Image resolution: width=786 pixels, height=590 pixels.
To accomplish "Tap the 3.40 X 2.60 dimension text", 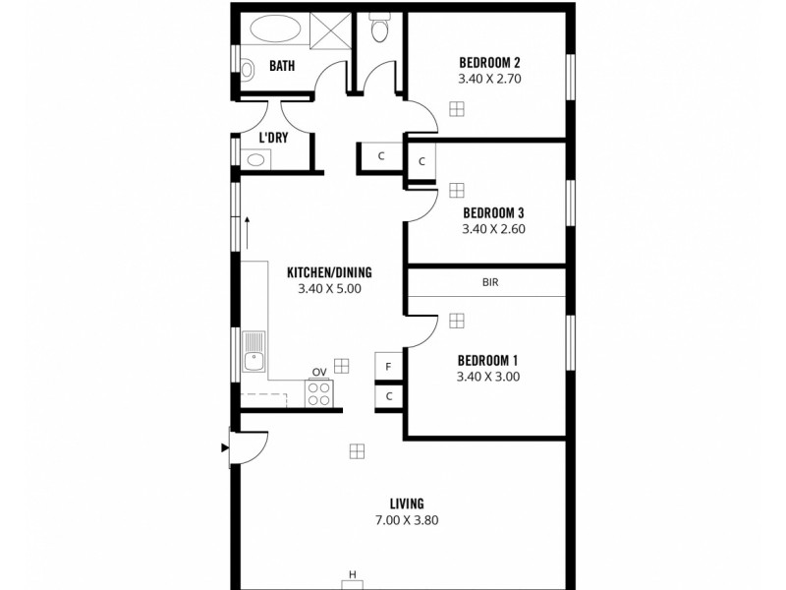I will click(492, 229).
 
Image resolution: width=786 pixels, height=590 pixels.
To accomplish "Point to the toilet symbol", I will click(377, 30).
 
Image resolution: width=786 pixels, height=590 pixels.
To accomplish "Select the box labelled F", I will click(389, 366).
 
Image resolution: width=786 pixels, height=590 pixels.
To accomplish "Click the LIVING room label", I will click(405, 503).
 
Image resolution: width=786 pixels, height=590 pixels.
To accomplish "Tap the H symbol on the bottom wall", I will click(352, 575).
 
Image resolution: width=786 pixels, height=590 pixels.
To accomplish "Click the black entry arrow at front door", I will click(225, 448).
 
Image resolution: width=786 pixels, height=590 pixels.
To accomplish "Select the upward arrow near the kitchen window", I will click(247, 232).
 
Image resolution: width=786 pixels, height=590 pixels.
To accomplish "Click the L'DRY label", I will click(273, 138).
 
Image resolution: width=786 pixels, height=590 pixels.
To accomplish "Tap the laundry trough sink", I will click(255, 159).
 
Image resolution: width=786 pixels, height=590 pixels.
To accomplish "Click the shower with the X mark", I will click(332, 32).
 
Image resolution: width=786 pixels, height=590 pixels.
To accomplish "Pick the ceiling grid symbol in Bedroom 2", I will click(456, 109).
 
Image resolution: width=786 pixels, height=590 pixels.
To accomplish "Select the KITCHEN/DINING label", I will click(329, 272).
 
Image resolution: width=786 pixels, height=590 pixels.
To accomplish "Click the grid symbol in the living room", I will click(357, 450).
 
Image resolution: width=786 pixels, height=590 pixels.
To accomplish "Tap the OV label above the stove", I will click(319, 372).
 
